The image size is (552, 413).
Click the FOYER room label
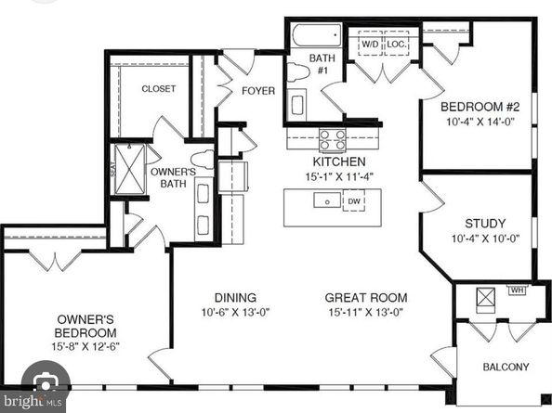[x=258, y=91]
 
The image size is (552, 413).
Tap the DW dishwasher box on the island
[x=354, y=200]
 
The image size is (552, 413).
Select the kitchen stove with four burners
[x=333, y=139]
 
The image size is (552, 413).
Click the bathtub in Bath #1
[x=317, y=35]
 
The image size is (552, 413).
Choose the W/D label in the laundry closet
[x=370, y=45]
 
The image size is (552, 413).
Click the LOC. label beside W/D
[x=397, y=45]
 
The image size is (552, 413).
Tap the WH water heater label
[x=517, y=290]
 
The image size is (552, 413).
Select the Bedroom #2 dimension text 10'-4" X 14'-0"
[x=480, y=122]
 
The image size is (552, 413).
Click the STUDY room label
[x=485, y=224]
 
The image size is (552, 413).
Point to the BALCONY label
[x=506, y=367]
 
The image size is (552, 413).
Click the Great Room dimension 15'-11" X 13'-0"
[x=366, y=312]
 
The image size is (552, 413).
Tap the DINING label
[x=235, y=298]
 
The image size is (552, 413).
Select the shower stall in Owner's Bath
[x=130, y=169]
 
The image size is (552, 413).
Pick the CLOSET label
[x=158, y=88]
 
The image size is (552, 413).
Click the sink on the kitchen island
[x=327, y=200]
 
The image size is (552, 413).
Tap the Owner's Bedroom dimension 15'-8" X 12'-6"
[x=85, y=346]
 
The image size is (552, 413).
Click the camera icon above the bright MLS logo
[x=46, y=382]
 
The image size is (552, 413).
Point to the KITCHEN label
[x=339, y=161]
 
